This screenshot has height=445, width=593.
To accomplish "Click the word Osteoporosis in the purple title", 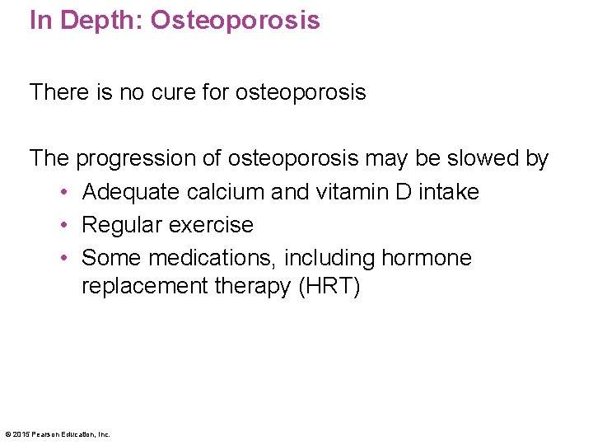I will (x=235, y=19).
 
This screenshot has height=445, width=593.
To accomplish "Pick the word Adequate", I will (x=132, y=192).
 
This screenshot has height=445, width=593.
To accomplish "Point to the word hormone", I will (x=426, y=258).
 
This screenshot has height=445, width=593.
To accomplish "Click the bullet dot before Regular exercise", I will (x=64, y=226).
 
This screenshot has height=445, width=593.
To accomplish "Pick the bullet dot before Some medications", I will (x=64, y=259).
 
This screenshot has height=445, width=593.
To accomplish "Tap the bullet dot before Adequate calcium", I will (x=64, y=193).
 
